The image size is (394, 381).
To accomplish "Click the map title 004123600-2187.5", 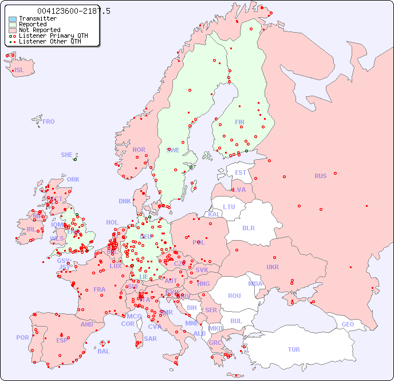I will click(x=73, y=11).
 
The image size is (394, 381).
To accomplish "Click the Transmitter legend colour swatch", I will click(x=13, y=19).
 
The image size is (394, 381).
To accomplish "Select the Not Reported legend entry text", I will click(x=39, y=30).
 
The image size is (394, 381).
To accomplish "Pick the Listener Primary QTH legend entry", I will click(x=53, y=36).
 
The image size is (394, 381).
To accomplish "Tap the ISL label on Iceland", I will click(x=19, y=70).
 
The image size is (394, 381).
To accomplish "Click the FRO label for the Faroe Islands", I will click(x=49, y=121).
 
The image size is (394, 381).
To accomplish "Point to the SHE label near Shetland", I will click(x=66, y=155).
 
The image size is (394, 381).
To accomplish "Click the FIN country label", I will click(x=239, y=122).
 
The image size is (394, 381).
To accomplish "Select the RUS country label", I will click(x=320, y=176).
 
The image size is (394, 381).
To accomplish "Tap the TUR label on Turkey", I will click(x=294, y=349).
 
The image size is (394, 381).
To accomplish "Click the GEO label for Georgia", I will click(x=348, y=324).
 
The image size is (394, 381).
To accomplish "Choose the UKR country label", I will click(x=273, y=267).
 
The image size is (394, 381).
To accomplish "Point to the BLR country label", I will click(x=248, y=227).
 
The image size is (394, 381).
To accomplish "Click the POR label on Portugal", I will click(x=22, y=337).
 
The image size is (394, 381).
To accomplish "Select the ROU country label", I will click(x=234, y=296).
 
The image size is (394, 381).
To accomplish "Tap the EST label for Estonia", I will click(x=241, y=172).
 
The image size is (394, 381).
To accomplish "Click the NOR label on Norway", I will click(x=139, y=150).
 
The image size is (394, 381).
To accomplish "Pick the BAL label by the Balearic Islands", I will click(x=104, y=351).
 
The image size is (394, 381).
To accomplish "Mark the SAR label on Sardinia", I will click(x=150, y=338).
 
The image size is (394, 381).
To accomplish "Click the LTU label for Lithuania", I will click(x=229, y=207).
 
